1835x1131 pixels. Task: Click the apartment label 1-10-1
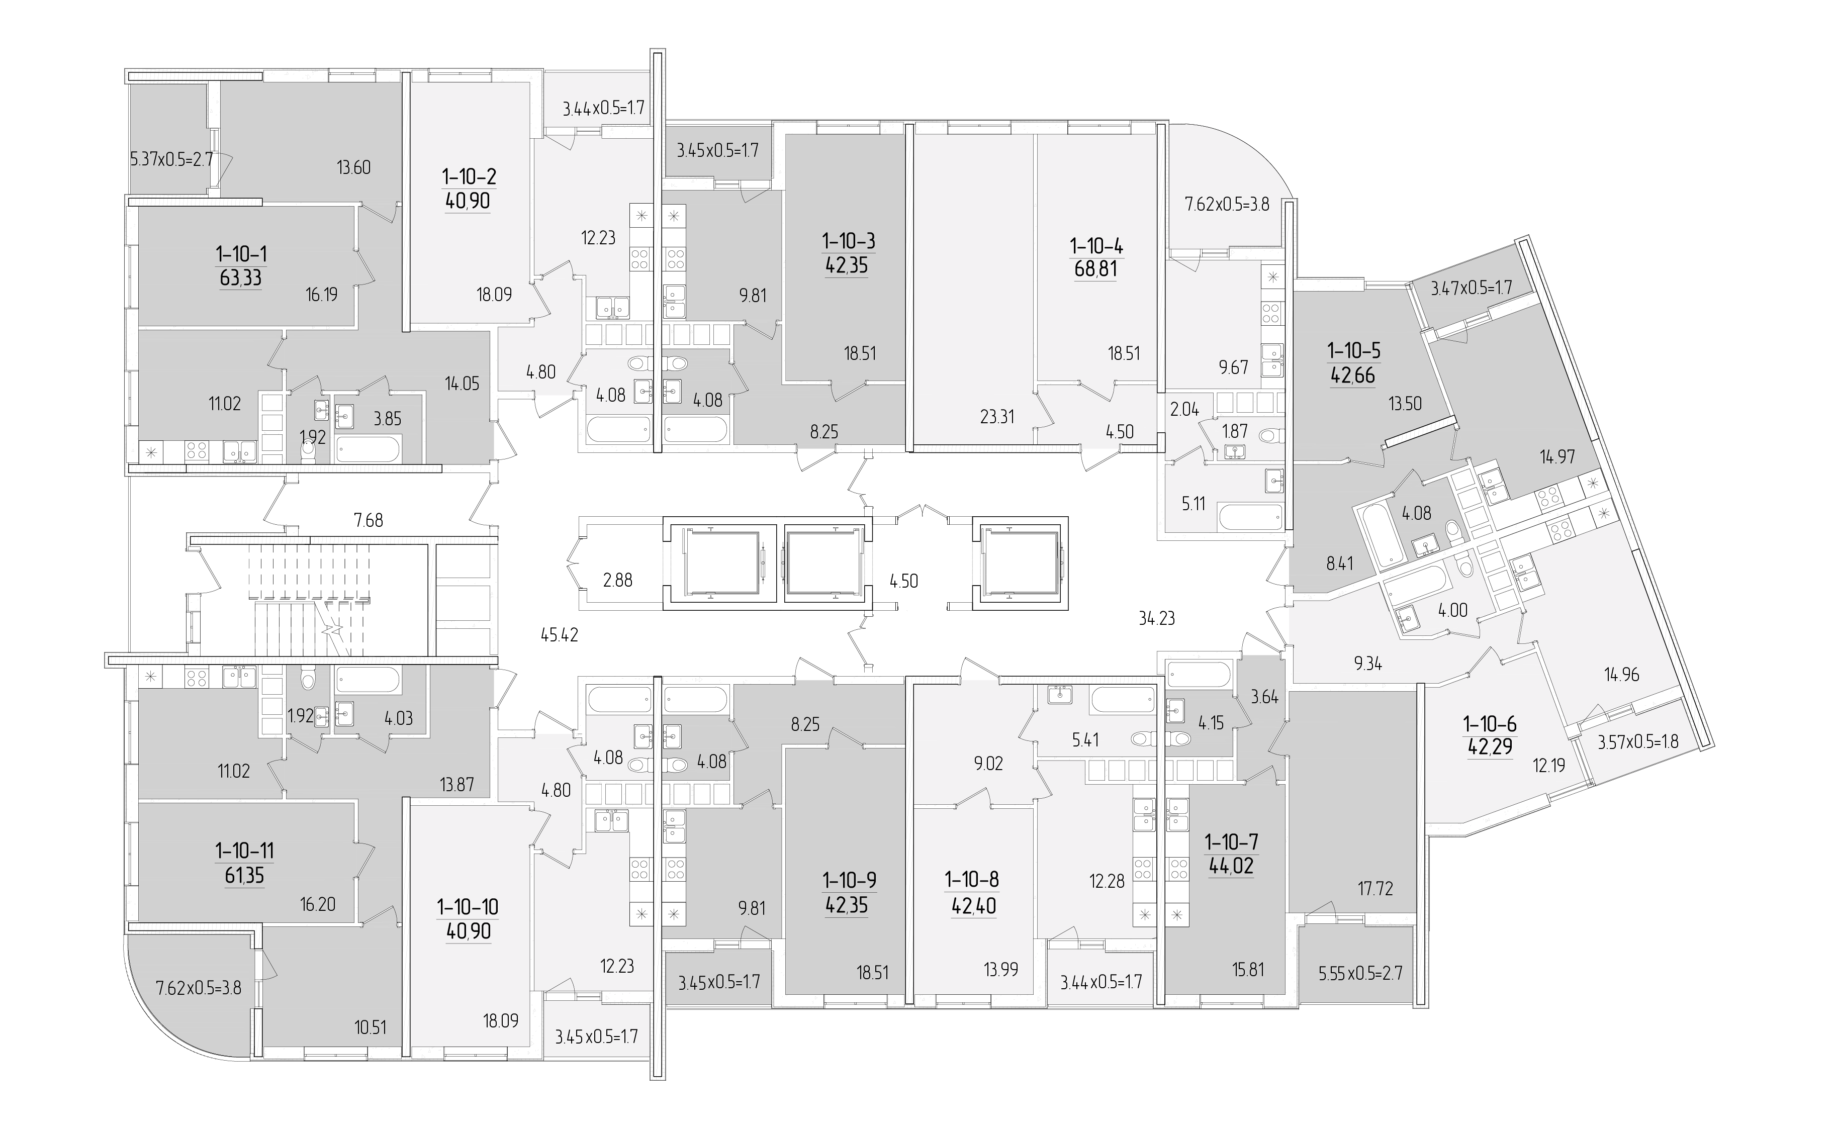tap(241, 254)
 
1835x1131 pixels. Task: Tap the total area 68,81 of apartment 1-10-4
tap(1096, 268)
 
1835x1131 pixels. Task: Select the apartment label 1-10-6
tap(1490, 724)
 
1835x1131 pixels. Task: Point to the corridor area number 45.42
tap(560, 636)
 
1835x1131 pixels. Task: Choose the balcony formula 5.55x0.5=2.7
tap(1360, 973)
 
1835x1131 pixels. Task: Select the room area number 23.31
tap(997, 417)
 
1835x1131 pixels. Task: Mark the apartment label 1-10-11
tap(245, 851)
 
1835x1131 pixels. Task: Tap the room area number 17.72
tap(1375, 889)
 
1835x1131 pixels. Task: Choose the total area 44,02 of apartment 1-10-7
tap(1231, 867)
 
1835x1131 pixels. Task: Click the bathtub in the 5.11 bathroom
tap(1250, 517)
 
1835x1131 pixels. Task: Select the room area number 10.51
tap(371, 1027)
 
